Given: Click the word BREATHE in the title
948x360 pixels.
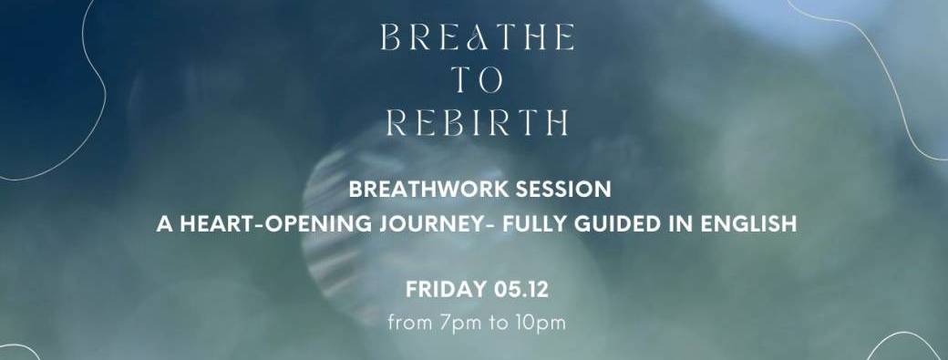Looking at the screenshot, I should tap(477, 37).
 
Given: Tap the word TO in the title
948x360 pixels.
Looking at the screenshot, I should tap(477, 79).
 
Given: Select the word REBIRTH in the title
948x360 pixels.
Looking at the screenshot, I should tap(477, 121).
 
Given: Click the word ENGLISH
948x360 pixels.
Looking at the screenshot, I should tap(743, 223).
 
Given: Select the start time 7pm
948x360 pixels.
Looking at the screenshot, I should tap(447, 323).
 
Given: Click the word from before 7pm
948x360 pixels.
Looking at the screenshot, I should tap(406, 323).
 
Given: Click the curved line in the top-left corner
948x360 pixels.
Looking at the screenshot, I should tap(87, 55).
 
